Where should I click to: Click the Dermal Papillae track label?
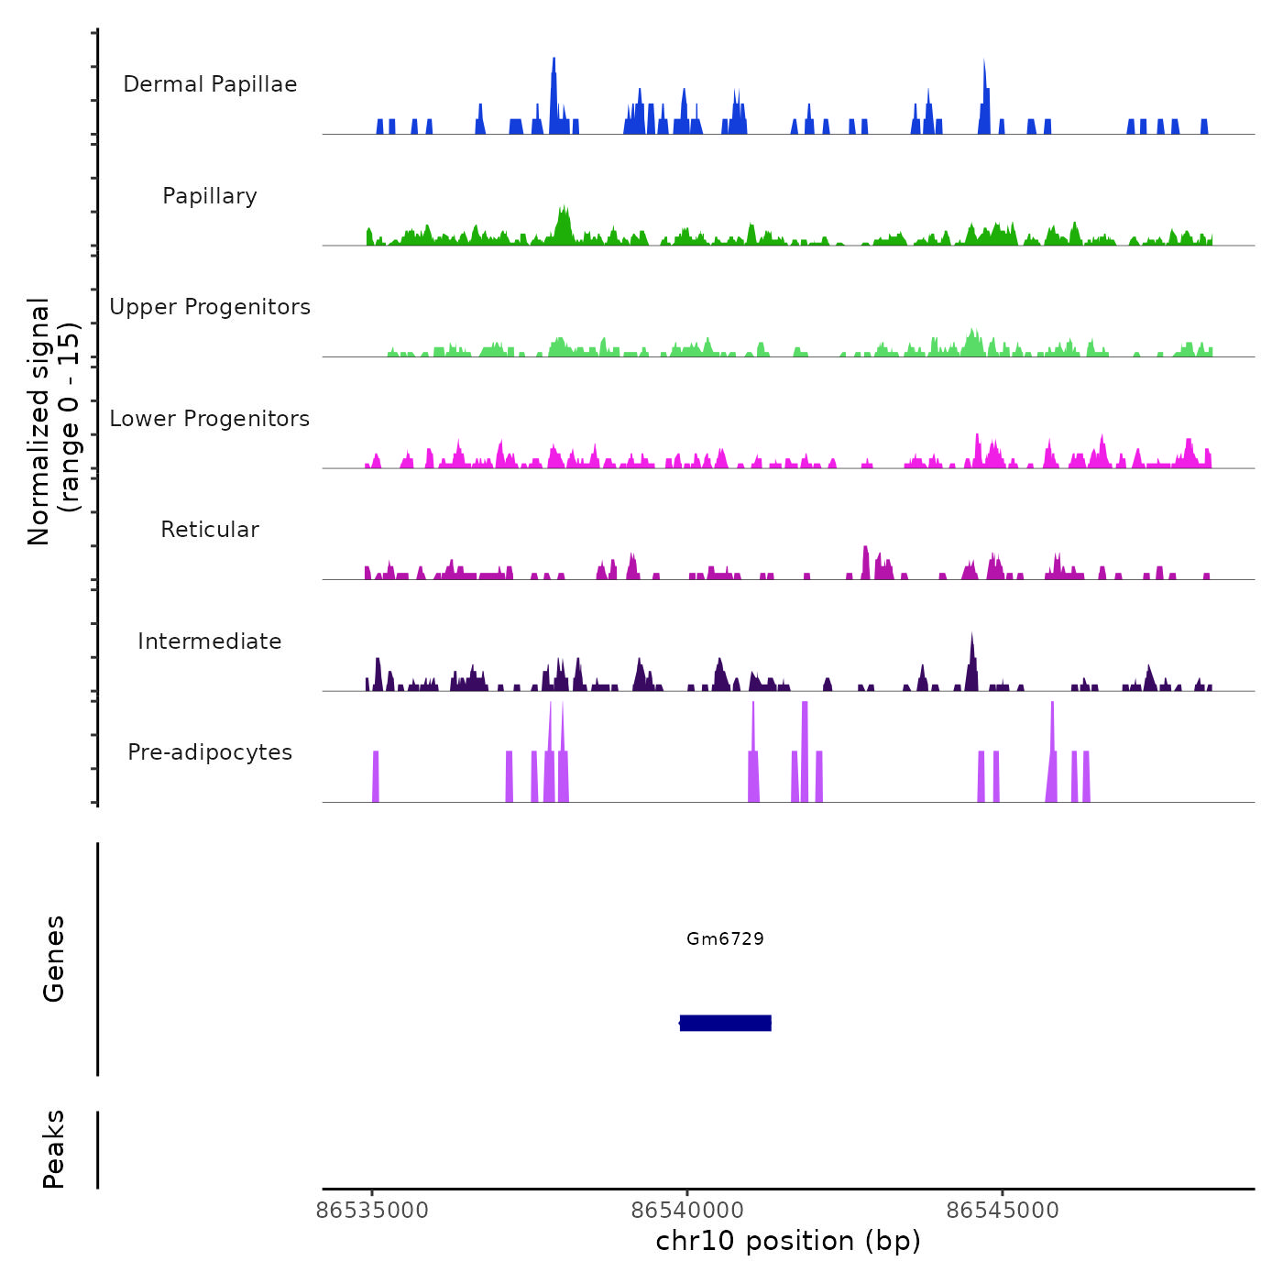(210, 84)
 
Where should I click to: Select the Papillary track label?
(210, 196)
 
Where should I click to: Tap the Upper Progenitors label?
(210, 307)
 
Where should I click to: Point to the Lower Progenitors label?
(210, 419)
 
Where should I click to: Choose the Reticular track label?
(210, 530)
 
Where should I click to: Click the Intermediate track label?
(210, 641)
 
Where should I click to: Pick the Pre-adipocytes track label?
(210, 752)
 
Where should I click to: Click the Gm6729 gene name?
(725, 938)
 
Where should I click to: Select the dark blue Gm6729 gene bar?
(725, 1023)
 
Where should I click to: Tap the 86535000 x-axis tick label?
(372, 1211)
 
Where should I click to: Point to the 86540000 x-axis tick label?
(687, 1211)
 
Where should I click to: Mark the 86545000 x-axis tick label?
(1003, 1211)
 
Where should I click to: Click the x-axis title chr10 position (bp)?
(788, 1241)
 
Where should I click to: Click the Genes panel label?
(53, 959)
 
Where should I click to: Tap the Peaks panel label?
(53, 1149)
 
